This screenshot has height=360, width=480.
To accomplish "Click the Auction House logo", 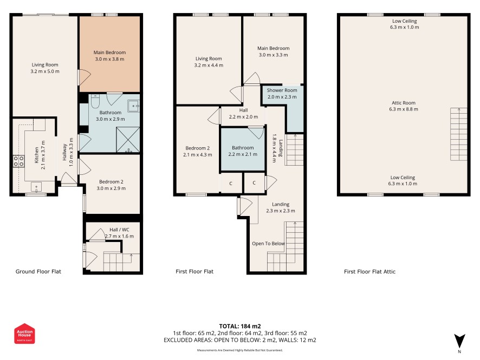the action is pyautogui.click(x=24, y=333).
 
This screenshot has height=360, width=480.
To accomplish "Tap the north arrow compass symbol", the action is pyautogui.click(x=459, y=342).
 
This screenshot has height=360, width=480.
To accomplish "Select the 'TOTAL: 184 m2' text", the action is pyautogui.click(x=240, y=326).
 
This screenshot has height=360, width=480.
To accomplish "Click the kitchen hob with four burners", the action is pyautogui.click(x=18, y=161).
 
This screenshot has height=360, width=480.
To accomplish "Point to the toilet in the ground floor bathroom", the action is pyautogui.click(x=95, y=101).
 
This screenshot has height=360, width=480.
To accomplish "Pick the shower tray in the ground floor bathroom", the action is pyautogui.click(x=128, y=140).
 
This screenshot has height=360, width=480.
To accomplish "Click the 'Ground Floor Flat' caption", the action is pyautogui.click(x=38, y=272).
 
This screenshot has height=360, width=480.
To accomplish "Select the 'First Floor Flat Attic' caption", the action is pyautogui.click(x=370, y=272).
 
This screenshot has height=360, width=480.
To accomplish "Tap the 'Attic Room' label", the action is pyautogui.click(x=404, y=103).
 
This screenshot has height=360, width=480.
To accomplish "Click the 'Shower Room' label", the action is pyautogui.click(x=282, y=90).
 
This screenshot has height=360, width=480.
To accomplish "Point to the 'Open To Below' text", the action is pyautogui.click(x=269, y=244).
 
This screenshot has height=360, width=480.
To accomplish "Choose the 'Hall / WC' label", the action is pyautogui.click(x=119, y=230).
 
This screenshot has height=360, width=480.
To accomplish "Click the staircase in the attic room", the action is pyautogui.click(x=458, y=134).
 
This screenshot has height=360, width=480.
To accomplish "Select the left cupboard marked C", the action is pyautogui.click(x=231, y=183).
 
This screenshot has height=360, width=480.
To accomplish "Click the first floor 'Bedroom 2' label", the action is pyautogui.click(x=197, y=148).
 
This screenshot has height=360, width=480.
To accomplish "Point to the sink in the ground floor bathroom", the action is pyautogui.click(x=134, y=106).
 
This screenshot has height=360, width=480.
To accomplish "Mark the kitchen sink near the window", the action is pyautogui.click(x=36, y=187).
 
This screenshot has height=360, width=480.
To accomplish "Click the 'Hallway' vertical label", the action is pyautogui.click(x=64, y=152).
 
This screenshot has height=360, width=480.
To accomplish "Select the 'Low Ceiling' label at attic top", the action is pyautogui.click(x=404, y=21).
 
